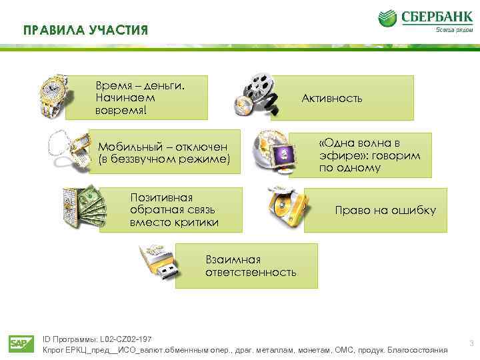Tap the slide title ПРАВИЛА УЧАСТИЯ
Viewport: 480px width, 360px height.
click(x=85, y=31)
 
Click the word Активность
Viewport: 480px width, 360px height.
click(x=332, y=98)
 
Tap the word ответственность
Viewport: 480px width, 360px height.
click(x=251, y=272)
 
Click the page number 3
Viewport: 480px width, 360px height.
click(x=471, y=344)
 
